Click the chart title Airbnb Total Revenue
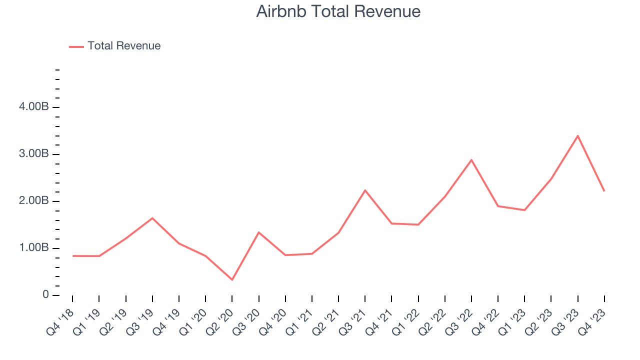(x=338, y=11)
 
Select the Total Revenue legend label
(x=124, y=46)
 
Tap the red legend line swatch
(x=76, y=46)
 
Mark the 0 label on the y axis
(x=45, y=295)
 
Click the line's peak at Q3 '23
(x=577, y=135)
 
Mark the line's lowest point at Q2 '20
(x=232, y=279)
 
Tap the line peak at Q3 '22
(x=471, y=160)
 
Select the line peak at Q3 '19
(x=152, y=218)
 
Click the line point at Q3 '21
(x=365, y=190)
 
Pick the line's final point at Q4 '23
(x=604, y=190)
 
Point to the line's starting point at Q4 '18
(x=73, y=256)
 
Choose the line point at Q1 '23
(x=524, y=210)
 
